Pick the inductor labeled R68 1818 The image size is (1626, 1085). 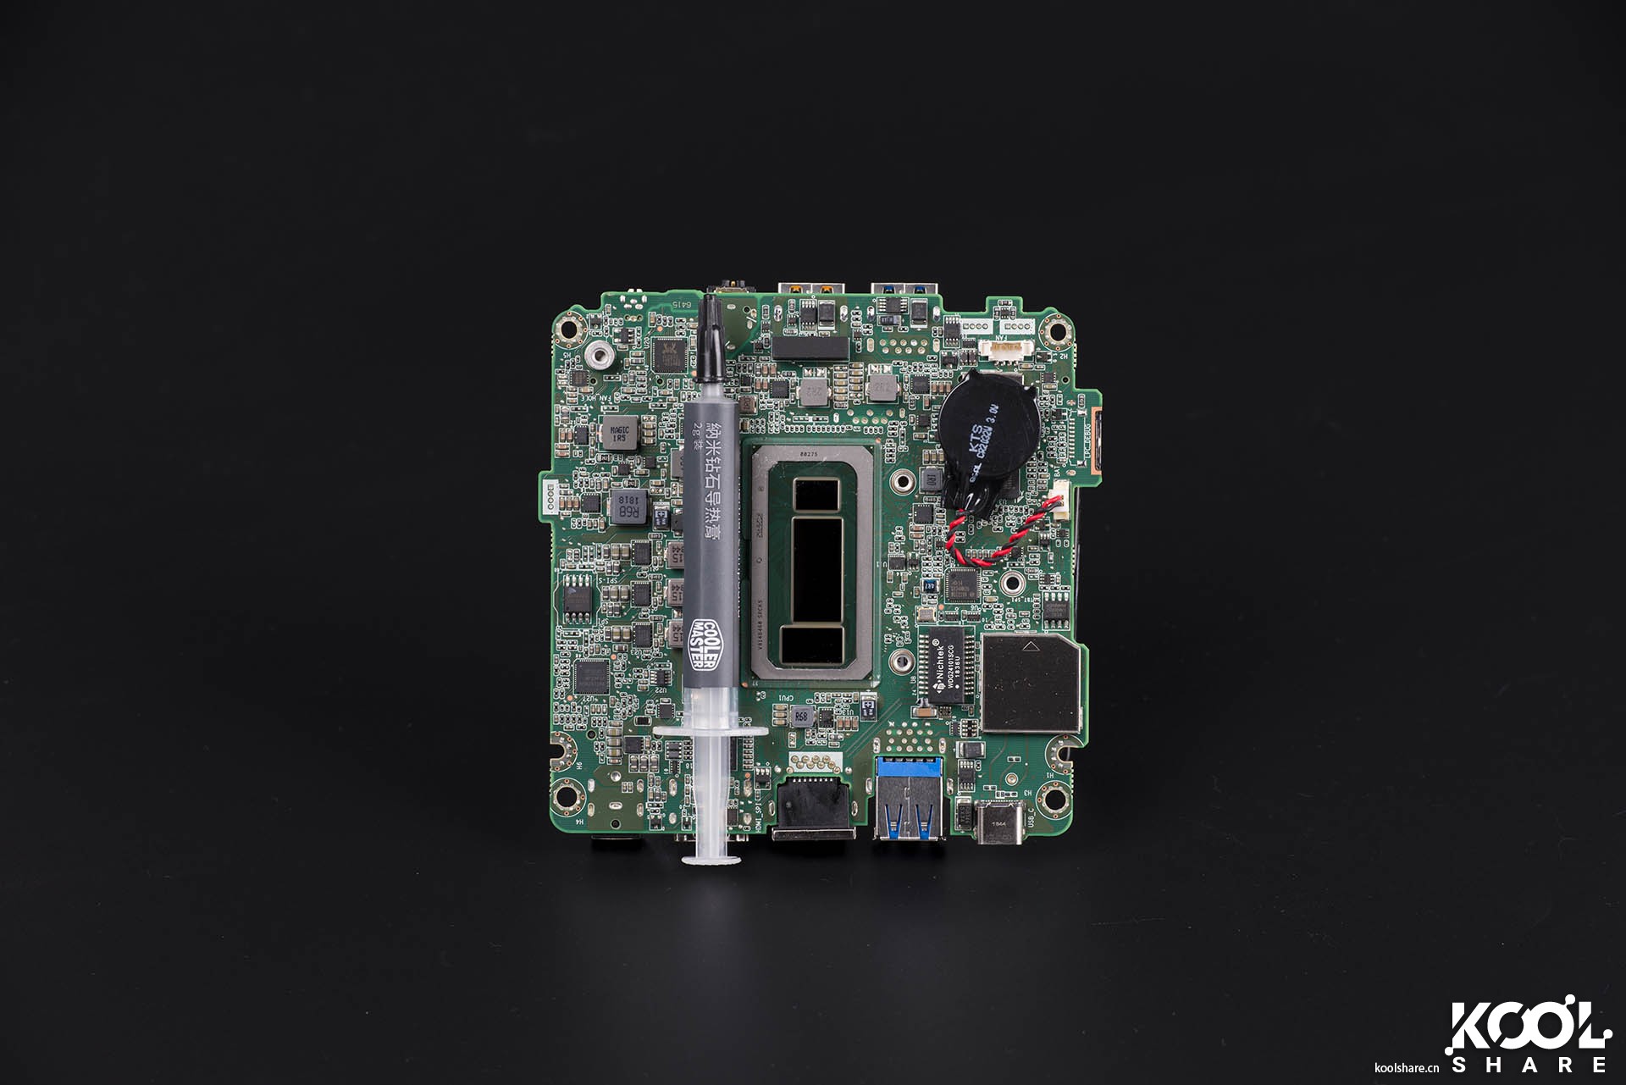(x=627, y=507)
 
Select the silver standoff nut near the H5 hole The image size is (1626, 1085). (x=600, y=355)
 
